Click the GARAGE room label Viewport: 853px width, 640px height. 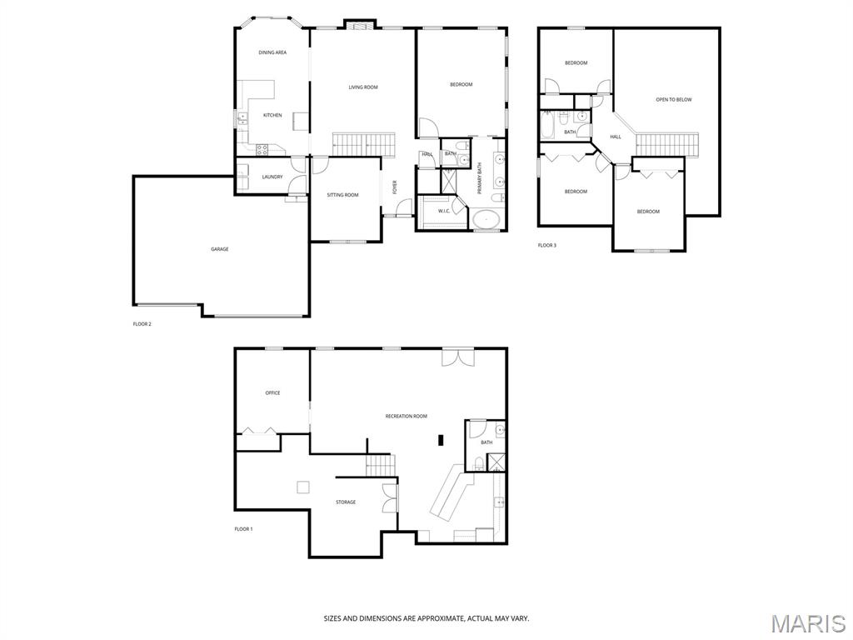click(220, 249)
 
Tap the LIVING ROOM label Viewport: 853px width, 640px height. click(363, 87)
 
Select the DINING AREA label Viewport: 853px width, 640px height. click(272, 52)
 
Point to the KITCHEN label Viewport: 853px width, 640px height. click(272, 115)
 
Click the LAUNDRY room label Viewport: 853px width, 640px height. click(272, 177)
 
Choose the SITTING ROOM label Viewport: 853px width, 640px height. click(342, 195)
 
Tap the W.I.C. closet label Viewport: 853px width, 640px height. click(444, 211)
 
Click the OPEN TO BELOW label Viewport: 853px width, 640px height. click(674, 100)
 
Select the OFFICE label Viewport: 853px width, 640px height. click(272, 393)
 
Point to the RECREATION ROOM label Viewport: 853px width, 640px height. click(407, 417)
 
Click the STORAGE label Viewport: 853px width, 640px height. click(346, 502)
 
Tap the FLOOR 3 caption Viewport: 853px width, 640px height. click(547, 246)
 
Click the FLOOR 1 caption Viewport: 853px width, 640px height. click(244, 529)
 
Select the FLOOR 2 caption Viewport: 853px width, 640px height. click(142, 324)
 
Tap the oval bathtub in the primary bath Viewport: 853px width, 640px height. click(486, 220)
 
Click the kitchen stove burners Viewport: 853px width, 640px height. click(261, 150)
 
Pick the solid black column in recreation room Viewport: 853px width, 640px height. click(441, 439)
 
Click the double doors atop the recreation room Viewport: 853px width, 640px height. click(458, 357)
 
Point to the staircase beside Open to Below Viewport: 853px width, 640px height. click(667, 144)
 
